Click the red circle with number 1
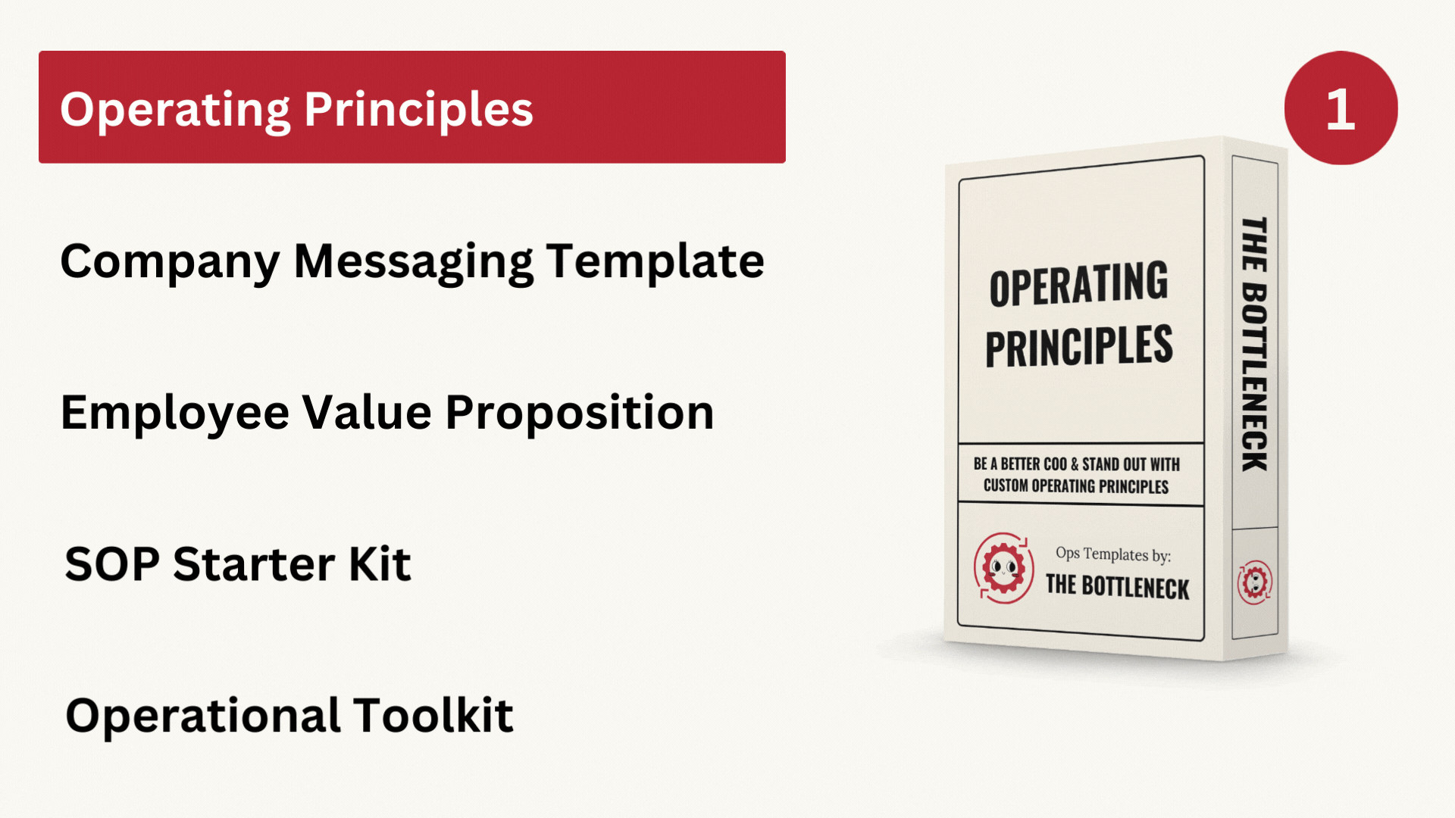click(x=1341, y=108)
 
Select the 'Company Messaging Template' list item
click(x=412, y=262)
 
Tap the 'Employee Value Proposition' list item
click(x=387, y=414)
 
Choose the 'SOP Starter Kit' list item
click(x=238, y=564)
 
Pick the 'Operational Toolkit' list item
click(x=289, y=716)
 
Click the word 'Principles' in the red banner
click(x=419, y=111)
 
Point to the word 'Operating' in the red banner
click(x=175, y=111)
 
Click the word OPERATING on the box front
click(x=1078, y=284)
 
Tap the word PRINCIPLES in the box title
click(x=1079, y=347)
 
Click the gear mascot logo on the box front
click(x=1003, y=568)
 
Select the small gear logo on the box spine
click(x=1255, y=582)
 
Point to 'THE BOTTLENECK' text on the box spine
click(x=1255, y=344)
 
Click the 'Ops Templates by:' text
click(x=1113, y=554)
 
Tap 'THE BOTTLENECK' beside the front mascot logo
click(x=1118, y=587)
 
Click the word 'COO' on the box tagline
click(x=1055, y=464)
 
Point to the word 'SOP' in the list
click(x=112, y=564)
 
